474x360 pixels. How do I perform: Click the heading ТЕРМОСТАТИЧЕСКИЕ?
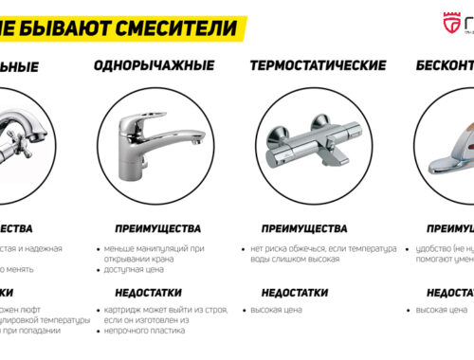pos(317,66)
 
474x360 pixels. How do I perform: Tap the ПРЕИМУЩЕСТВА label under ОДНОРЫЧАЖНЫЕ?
pos(157,228)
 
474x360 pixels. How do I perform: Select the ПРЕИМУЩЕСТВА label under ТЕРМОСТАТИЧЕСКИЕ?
pos(304,228)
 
